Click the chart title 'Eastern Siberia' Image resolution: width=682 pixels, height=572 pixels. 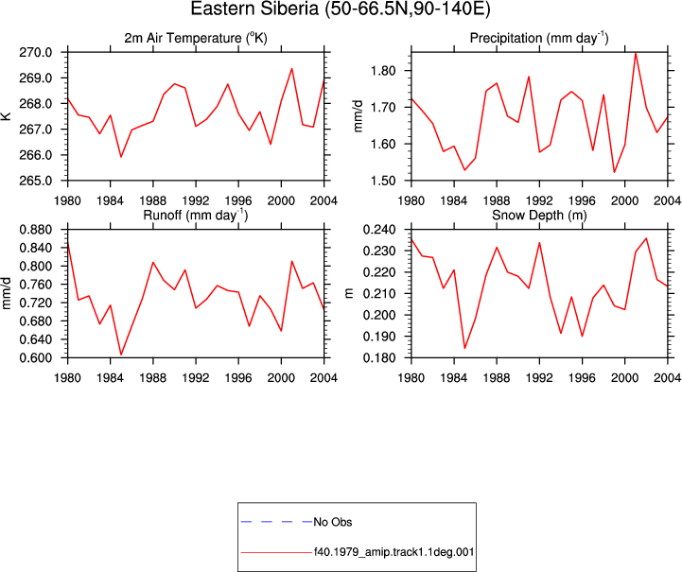pyautogui.click(x=254, y=9)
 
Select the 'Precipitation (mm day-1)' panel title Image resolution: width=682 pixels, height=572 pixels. pyautogui.click(x=539, y=38)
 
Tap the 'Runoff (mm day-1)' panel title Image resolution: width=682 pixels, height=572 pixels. pyautogui.click(x=195, y=216)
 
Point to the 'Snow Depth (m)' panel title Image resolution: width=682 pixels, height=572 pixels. pyautogui.click(x=539, y=216)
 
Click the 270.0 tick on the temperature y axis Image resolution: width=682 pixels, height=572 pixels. pyautogui.click(x=36, y=53)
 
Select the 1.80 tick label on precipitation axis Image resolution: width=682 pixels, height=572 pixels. pyautogui.click(x=383, y=70)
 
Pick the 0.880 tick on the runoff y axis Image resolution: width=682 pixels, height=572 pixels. pyautogui.click(x=36, y=230)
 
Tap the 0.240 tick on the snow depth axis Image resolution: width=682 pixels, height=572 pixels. pyautogui.click(x=379, y=230)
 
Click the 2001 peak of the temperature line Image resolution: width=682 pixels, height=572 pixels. pyautogui.click(x=292, y=69)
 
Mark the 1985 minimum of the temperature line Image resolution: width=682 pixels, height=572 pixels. pyautogui.click(x=121, y=157)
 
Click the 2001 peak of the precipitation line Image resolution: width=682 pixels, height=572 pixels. pyautogui.click(x=636, y=53)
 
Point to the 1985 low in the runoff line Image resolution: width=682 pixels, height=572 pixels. pyautogui.click(x=121, y=355)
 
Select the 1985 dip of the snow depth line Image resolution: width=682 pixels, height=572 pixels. pyautogui.click(x=464, y=348)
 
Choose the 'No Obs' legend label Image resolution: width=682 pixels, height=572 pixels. pyautogui.click(x=333, y=522)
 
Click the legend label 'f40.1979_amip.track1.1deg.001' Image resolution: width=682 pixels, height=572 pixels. pyautogui.click(x=393, y=552)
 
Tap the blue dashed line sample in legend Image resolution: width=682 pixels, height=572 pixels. pyautogui.click(x=276, y=522)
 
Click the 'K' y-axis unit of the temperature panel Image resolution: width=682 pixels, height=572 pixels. pyautogui.click(x=7, y=116)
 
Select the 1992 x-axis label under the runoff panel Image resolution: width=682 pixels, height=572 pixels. pyautogui.click(x=196, y=378)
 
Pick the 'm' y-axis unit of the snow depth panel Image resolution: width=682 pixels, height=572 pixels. pyautogui.click(x=349, y=293)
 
